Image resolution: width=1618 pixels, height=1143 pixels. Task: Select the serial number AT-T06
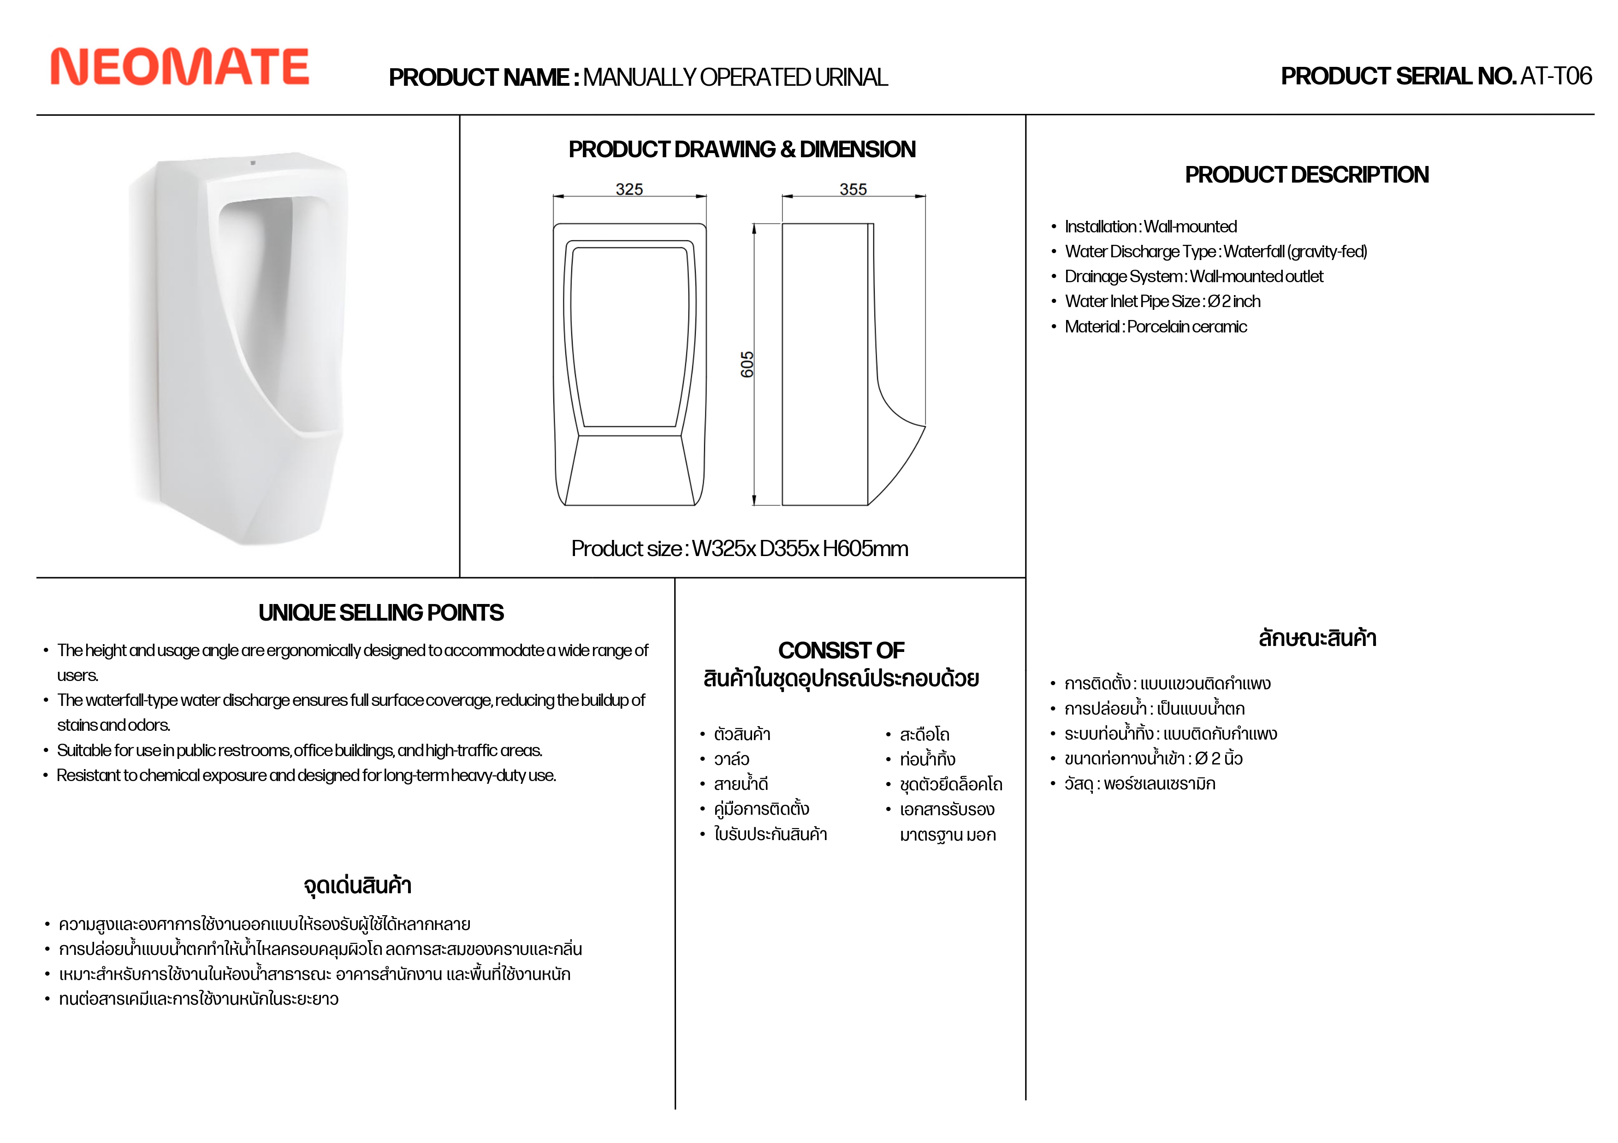(1556, 76)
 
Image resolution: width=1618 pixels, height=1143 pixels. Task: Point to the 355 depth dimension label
(853, 189)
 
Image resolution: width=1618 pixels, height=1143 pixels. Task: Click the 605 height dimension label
(747, 364)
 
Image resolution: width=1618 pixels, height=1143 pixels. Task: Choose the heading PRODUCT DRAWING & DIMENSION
(742, 149)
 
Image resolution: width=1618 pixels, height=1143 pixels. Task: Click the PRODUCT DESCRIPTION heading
(1306, 175)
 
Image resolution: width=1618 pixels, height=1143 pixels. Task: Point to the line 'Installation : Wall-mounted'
(1150, 227)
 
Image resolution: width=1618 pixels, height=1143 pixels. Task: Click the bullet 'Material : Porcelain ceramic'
(1155, 327)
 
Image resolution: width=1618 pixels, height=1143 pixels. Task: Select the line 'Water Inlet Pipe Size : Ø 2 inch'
(1162, 302)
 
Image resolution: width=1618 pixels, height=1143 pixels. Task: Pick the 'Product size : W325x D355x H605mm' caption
(739, 548)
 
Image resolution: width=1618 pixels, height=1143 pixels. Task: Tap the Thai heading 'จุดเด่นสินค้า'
(357, 885)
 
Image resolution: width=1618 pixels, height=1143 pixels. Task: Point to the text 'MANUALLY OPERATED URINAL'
(735, 77)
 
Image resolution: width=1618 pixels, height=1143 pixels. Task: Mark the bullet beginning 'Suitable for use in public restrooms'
(300, 751)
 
